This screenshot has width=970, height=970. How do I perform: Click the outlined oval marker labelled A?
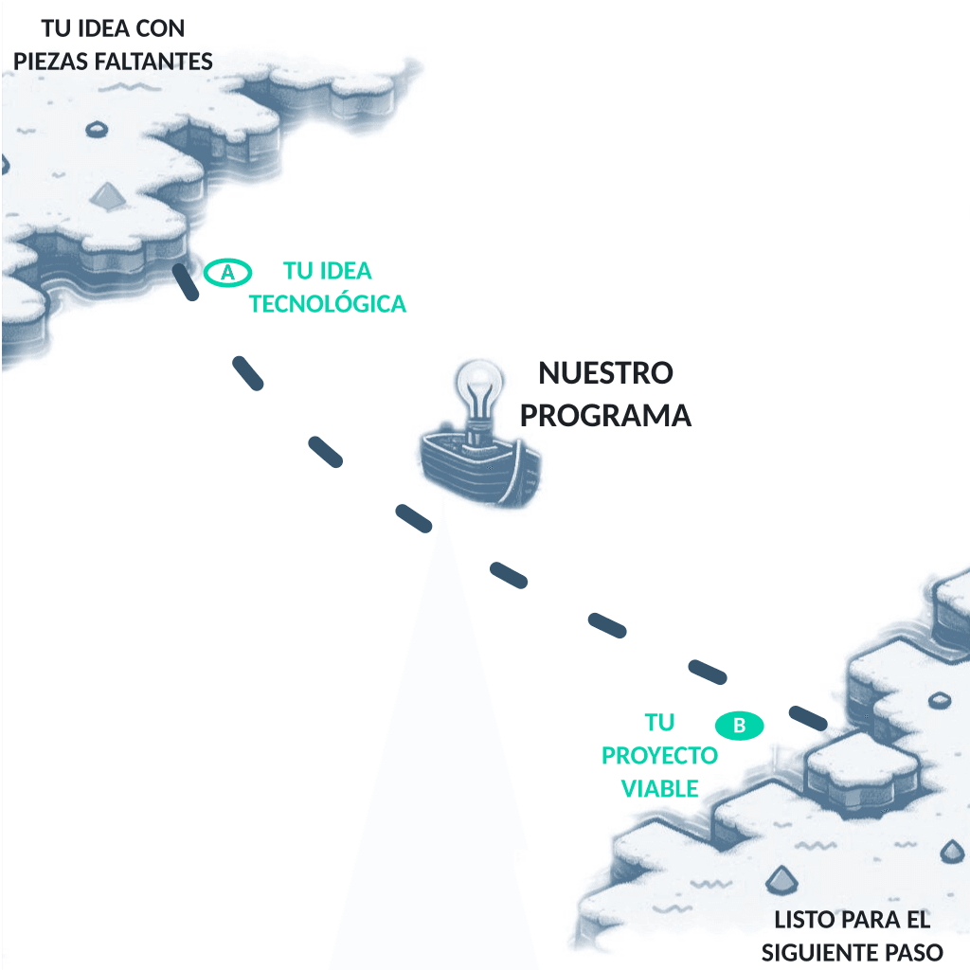pos(227,273)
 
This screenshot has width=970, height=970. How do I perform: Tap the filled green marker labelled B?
pos(741,726)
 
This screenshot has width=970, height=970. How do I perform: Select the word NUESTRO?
pos(605,373)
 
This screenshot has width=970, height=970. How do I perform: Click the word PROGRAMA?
pos(606,416)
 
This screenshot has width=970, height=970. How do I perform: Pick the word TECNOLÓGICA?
pos(328,304)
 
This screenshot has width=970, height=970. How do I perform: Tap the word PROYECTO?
pos(660,756)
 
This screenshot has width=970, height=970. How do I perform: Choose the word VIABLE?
pos(660,788)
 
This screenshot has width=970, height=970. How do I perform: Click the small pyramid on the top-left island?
pos(106,195)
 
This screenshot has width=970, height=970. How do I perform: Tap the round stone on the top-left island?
pos(97,129)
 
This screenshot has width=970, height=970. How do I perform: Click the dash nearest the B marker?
pos(809,717)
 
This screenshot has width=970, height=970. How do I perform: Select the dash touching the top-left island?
pos(185,282)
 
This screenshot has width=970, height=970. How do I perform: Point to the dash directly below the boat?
pos(414,517)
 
